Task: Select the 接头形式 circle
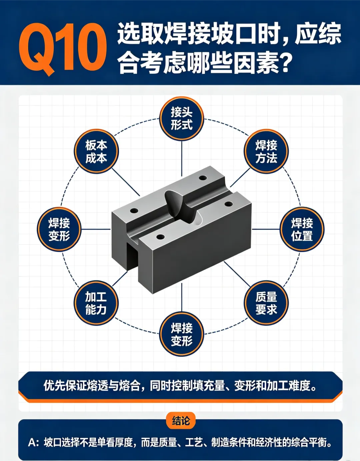182,118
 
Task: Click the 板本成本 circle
96,151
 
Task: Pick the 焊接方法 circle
266,151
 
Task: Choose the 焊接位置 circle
302,229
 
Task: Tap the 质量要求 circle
266,303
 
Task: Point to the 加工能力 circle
96,303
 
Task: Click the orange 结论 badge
181,420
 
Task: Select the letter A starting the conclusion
31,443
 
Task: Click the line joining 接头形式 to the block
182,158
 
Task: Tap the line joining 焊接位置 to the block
266,229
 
